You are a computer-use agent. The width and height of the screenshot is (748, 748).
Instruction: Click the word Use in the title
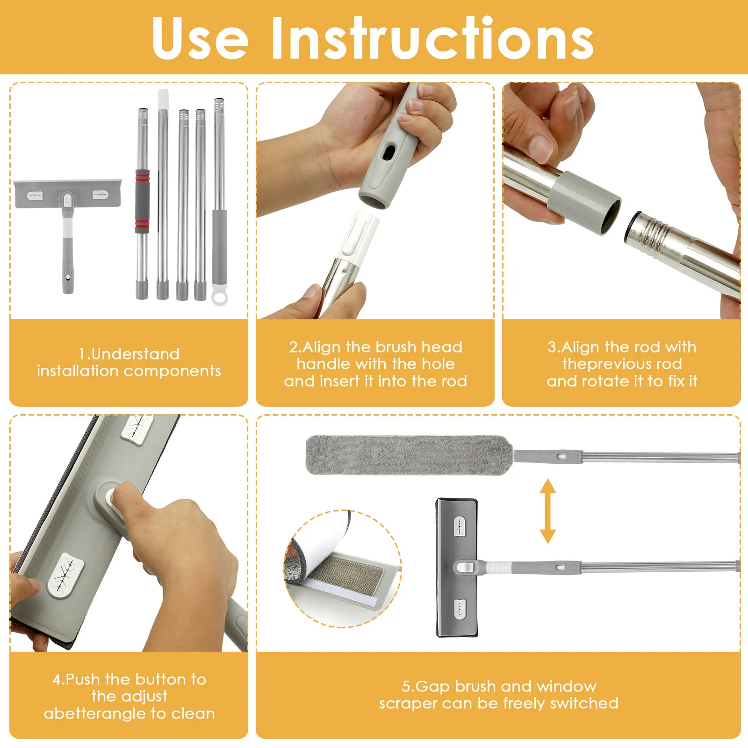(200, 38)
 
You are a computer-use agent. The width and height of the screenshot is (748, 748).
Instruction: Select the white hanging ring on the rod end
(220, 295)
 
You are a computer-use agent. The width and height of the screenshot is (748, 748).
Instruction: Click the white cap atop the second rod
(163, 99)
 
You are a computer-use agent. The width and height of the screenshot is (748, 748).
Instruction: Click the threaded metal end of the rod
(650, 232)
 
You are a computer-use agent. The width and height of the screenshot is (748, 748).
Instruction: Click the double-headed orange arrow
(547, 511)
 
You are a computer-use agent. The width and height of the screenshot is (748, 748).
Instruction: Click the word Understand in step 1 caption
(135, 354)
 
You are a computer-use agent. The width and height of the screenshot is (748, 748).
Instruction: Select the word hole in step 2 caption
(438, 364)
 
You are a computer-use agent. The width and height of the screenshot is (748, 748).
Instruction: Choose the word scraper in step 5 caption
(412, 704)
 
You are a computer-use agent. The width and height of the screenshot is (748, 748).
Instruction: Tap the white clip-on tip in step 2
(360, 236)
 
